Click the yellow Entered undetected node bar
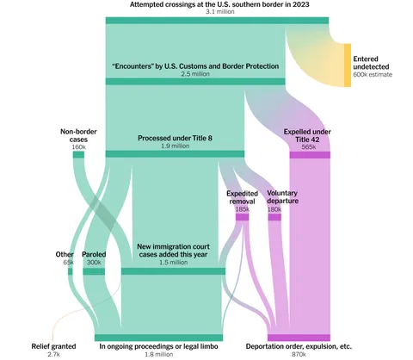(x=348, y=65)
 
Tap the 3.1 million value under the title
(x=220, y=12)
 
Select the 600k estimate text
(x=373, y=75)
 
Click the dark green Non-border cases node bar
(x=78, y=155)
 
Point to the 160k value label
(x=78, y=147)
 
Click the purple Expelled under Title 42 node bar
(x=310, y=155)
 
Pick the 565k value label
(x=309, y=147)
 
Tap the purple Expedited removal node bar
(x=242, y=217)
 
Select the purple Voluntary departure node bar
(x=274, y=217)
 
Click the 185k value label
(x=242, y=209)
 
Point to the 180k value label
(x=274, y=209)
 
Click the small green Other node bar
(x=71, y=271)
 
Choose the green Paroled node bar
(x=94, y=271)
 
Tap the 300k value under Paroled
(x=94, y=263)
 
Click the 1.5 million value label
(x=174, y=263)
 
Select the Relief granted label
(x=53, y=346)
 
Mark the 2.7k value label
(x=53, y=354)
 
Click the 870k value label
(x=299, y=354)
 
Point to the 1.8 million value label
(x=158, y=354)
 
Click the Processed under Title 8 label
(x=175, y=138)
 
